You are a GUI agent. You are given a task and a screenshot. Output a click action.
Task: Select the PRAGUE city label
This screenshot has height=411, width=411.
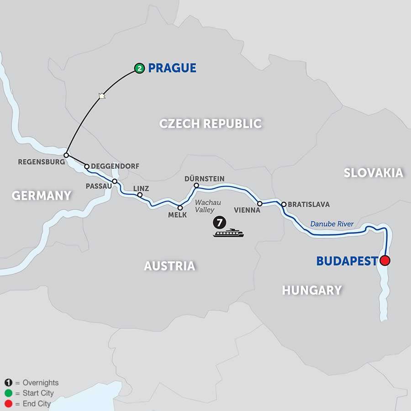point(172,68)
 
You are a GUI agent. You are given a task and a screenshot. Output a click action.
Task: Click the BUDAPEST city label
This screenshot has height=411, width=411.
point(347,261)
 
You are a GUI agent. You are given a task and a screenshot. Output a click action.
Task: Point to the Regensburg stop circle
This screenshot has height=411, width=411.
point(66,155)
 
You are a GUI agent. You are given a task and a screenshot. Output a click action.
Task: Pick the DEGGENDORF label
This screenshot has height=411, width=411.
point(115,166)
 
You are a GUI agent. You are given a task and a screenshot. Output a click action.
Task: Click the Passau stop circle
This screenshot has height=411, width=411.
point(115,181)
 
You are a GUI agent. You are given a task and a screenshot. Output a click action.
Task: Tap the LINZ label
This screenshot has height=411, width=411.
point(141,188)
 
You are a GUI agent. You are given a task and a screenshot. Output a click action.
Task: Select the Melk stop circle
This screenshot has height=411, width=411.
point(180,208)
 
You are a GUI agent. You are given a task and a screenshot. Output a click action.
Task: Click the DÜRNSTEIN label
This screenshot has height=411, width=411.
point(205,178)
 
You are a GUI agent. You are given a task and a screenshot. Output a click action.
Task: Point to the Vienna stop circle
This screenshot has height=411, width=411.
point(259,203)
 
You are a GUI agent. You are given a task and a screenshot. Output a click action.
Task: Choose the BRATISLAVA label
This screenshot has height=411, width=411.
point(309,205)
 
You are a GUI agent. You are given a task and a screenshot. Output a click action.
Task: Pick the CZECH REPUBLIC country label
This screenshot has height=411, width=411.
point(210,123)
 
